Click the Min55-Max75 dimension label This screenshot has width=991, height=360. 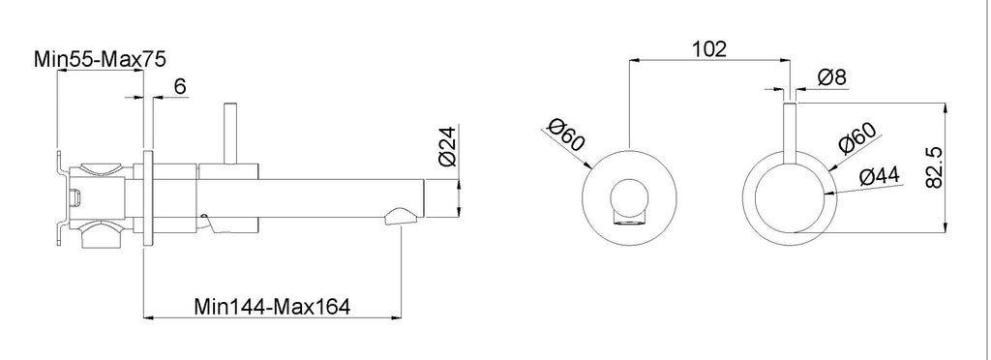[100, 59]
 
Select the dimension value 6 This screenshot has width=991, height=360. [180, 86]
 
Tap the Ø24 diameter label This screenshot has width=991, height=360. [447, 147]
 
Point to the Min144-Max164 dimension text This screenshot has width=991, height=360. [272, 307]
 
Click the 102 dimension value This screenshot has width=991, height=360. [709, 48]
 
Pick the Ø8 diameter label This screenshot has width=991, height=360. [831, 77]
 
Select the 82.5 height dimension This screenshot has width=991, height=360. [934, 166]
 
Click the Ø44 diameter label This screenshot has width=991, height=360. [881, 177]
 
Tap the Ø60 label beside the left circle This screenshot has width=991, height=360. [567, 135]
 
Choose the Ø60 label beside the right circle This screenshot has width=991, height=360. [857, 139]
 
